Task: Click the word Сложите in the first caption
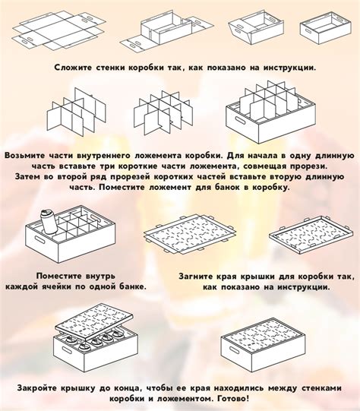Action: [x=73, y=68]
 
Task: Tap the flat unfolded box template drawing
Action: [x=59, y=30]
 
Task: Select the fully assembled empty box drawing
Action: [x=326, y=28]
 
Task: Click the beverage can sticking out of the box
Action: [x=49, y=222]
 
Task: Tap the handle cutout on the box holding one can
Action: [x=39, y=239]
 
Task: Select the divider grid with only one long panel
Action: [x=77, y=113]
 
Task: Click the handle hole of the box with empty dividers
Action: [x=240, y=121]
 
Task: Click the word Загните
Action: [x=196, y=277]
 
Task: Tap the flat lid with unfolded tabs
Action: [x=190, y=234]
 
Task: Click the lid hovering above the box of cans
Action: [x=94, y=323]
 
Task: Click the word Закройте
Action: [x=37, y=388]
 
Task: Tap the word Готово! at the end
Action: [x=233, y=399]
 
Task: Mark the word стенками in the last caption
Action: [x=322, y=388]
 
